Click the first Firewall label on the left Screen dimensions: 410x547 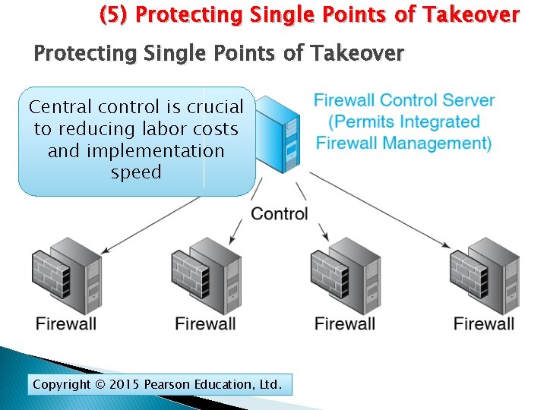[x=66, y=323]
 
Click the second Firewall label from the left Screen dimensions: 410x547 [x=205, y=323]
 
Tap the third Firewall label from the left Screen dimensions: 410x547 [x=345, y=323]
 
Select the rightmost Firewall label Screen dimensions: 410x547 [x=484, y=323]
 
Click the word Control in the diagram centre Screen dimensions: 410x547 [x=280, y=213]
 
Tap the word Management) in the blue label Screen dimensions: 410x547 [x=441, y=143]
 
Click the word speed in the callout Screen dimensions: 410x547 [x=136, y=172]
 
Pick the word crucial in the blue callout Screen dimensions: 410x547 [x=215, y=108]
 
